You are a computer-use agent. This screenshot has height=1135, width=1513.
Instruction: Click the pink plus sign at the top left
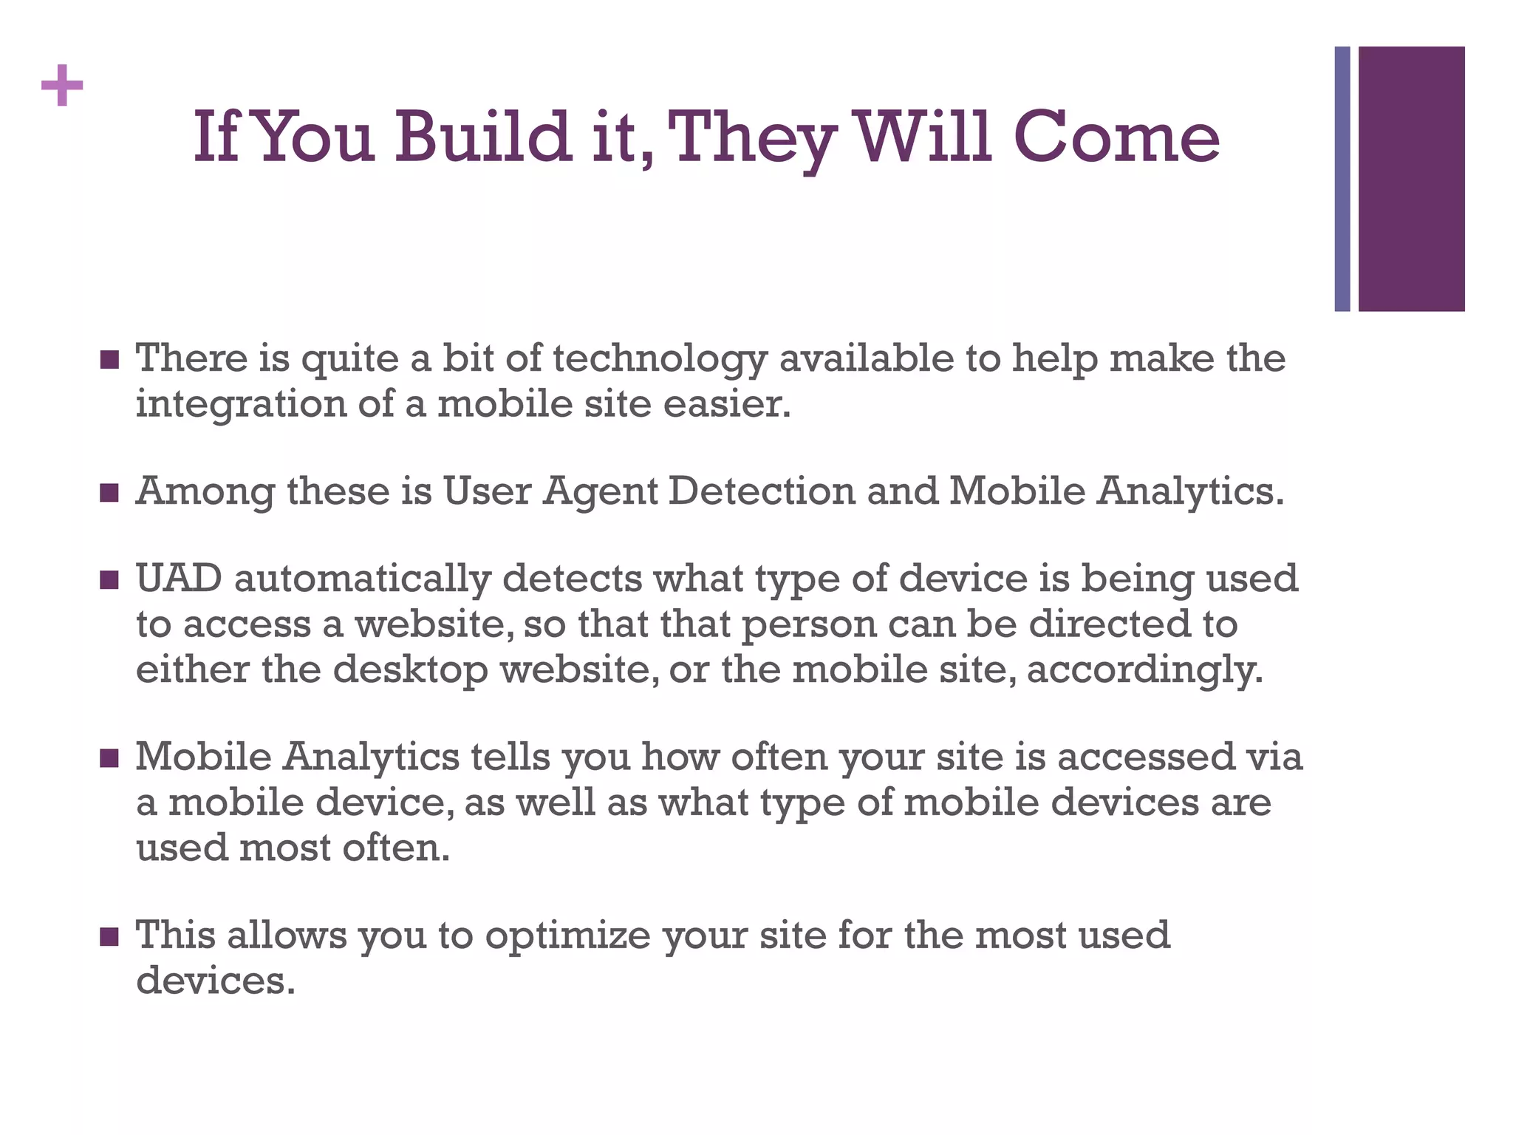pyautogui.click(x=62, y=86)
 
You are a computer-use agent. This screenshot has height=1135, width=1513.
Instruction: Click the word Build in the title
pyautogui.click(x=483, y=137)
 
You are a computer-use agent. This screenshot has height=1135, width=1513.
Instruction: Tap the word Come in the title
pyautogui.click(x=1116, y=137)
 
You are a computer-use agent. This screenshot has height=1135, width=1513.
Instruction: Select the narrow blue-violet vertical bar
pyautogui.click(x=1342, y=179)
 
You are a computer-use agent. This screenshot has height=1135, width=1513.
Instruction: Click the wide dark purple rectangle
pyautogui.click(x=1411, y=179)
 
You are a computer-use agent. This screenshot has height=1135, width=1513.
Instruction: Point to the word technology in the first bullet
pyautogui.click(x=660, y=359)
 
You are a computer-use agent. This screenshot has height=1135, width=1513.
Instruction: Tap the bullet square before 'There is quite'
pyautogui.click(x=109, y=360)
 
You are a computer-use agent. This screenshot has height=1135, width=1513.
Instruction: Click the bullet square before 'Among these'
pyautogui.click(x=109, y=493)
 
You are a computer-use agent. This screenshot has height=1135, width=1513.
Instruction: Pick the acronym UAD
pyautogui.click(x=179, y=579)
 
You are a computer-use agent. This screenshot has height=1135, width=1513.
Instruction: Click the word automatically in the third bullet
pyautogui.click(x=362, y=579)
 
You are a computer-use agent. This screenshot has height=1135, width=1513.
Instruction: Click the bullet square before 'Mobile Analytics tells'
pyautogui.click(x=109, y=758)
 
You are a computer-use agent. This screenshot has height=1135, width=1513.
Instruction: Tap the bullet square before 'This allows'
pyautogui.click(x=109, y=937)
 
